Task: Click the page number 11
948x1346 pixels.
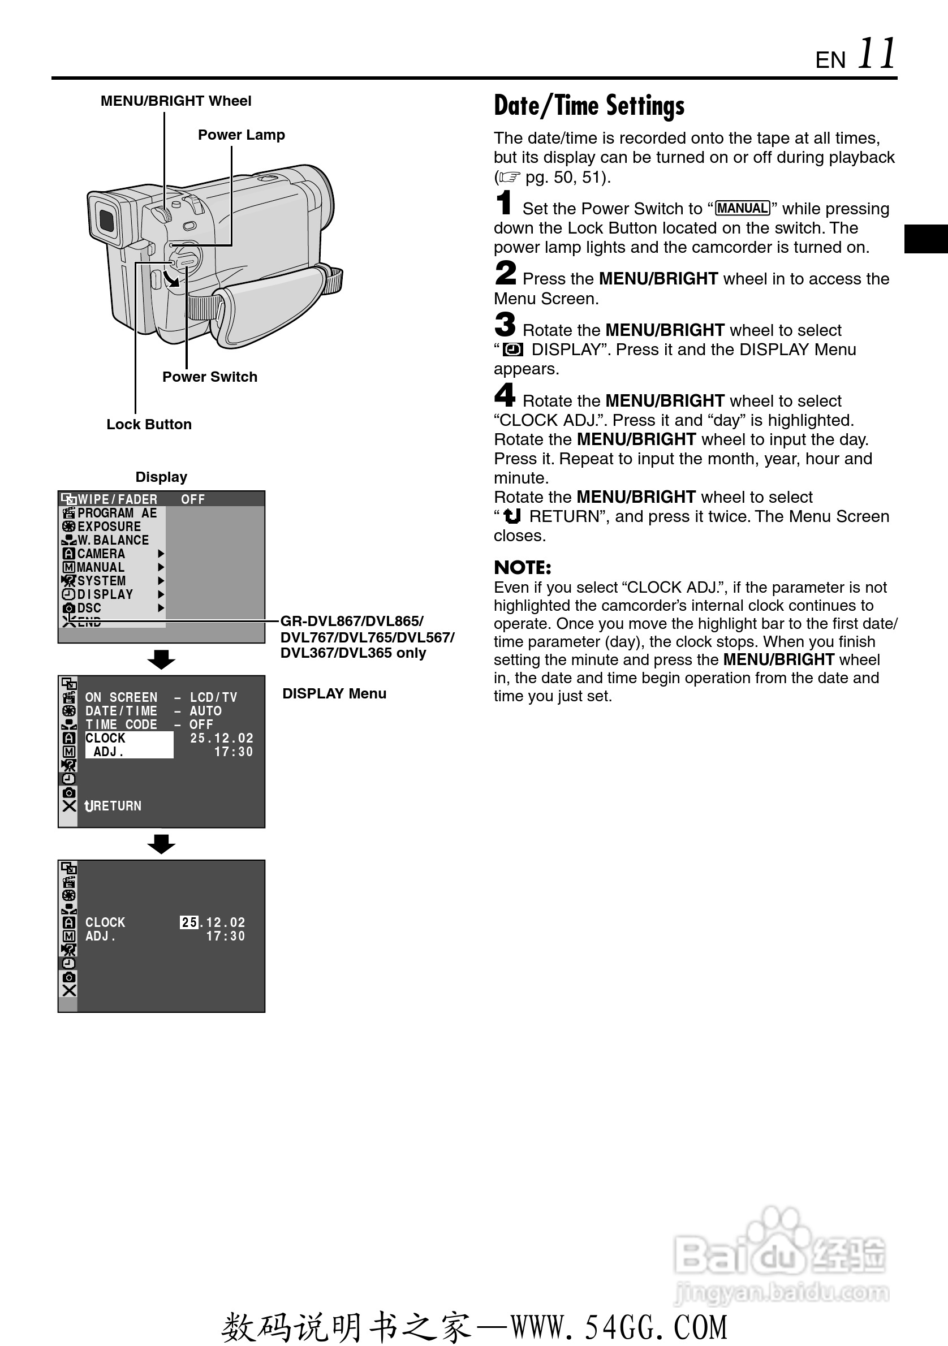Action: point(877,54)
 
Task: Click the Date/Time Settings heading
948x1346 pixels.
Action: point(589,106)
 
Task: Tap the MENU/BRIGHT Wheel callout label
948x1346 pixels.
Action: point(176,101)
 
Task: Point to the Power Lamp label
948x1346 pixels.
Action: point(241,135)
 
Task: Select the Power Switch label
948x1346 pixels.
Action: point(209,377)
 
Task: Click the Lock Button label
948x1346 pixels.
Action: point(149,424)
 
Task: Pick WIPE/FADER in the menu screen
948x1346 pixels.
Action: point(117,499)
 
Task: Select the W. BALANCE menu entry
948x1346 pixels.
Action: point(113,540)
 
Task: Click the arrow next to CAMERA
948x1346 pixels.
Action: point(161,554)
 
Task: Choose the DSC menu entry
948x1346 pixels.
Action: point(89,608)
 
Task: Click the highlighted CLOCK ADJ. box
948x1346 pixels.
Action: point(129,744)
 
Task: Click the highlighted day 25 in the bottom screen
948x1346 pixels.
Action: point(189,922)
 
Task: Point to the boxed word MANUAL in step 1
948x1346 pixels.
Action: point(742,209)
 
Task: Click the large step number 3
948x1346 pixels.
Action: point(505,325)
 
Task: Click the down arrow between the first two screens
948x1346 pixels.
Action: point(161,659)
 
